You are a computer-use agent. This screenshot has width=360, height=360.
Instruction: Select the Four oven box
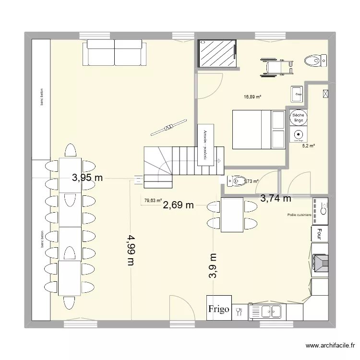click(319, 234)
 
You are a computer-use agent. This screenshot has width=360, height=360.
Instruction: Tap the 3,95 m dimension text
click(87, 178)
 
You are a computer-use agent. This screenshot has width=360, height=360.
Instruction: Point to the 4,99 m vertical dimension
click(130, 250)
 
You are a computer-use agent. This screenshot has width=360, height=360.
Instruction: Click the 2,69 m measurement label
click(179, 205)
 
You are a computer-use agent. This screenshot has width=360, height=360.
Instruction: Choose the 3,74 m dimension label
click(276, 197)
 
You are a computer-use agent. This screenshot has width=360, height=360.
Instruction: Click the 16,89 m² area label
click(252, 97)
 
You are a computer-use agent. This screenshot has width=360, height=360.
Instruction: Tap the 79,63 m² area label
click(153, 201)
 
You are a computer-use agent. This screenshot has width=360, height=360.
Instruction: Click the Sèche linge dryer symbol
click(298, 117)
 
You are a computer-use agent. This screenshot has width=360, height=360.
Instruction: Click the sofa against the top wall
click(114, 52)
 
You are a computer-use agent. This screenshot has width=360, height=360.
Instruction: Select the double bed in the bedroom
click(259, 130)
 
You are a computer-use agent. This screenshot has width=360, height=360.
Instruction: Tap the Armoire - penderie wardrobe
click(205, 144)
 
